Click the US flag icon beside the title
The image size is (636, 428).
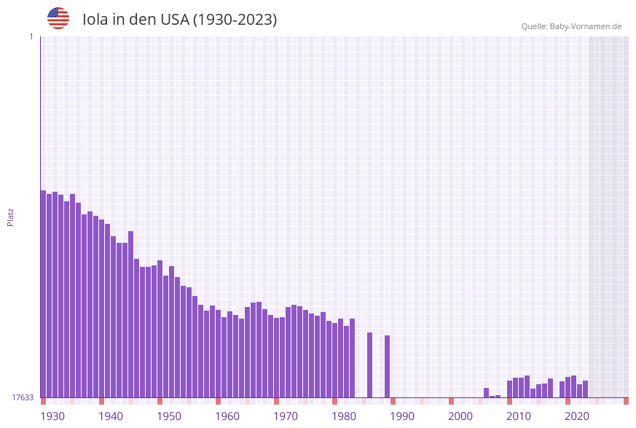(58, 18)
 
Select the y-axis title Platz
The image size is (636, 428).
(11, 217)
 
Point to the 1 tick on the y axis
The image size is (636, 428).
(31, 36)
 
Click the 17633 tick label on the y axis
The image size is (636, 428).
(22, 397)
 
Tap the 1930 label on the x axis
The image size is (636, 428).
(52, 416)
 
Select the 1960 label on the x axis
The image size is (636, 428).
(227, 416)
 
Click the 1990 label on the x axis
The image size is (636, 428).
(402, 416)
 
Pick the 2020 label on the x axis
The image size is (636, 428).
(577, 416)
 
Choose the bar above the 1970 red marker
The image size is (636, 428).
(276, 357)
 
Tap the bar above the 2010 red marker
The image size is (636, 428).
(509, 389)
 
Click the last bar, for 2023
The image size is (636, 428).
(585, 389)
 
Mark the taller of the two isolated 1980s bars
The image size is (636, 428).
(369, 365)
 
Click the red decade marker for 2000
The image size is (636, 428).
(451, 401)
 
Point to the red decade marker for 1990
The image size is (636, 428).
(393, 401)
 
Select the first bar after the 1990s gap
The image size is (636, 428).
(486, 392)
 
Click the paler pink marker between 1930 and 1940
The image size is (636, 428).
(72, 401)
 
